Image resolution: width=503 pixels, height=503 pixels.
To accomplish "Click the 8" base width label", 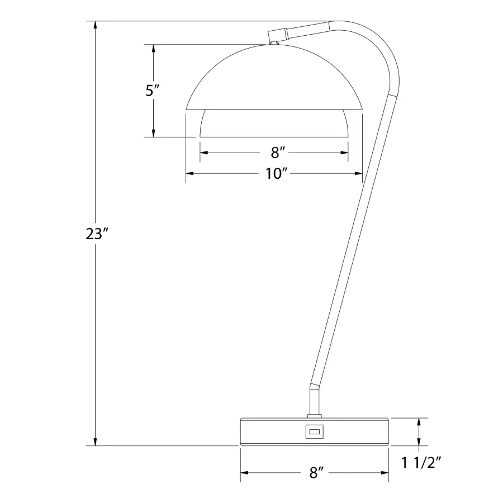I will [x=316, y=473].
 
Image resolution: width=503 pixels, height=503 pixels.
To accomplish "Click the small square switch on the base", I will [x=314, y=431].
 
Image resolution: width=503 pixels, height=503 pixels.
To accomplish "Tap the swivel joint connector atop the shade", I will [x=277, y=35].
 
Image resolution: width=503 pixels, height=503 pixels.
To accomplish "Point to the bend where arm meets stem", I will [x=315, y=385].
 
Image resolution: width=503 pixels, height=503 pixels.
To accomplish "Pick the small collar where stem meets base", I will [x=314, y=415].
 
